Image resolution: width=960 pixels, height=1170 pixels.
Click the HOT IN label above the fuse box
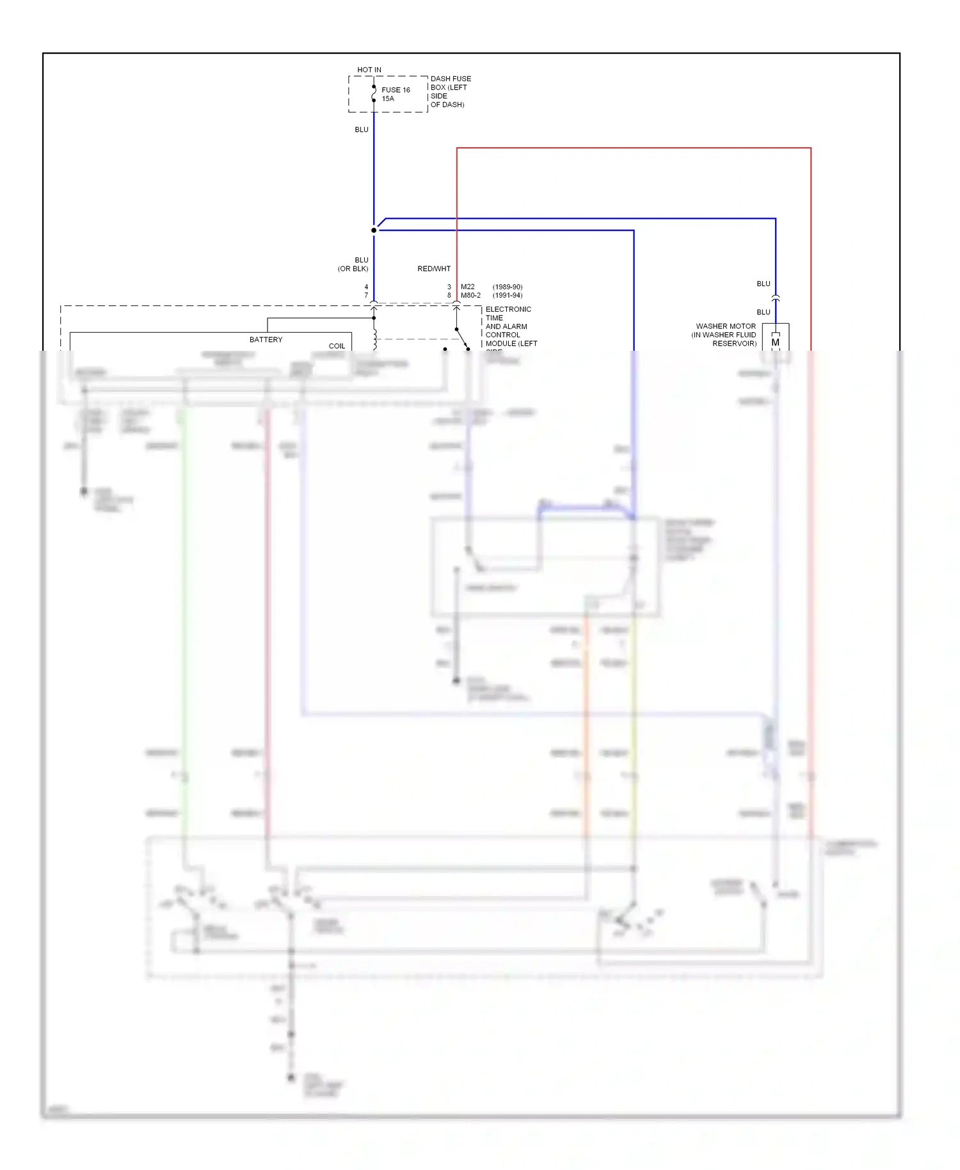369,70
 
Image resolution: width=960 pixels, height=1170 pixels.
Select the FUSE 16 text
396,90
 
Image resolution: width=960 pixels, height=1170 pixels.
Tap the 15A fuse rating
388,99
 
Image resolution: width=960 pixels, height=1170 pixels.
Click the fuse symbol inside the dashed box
374,94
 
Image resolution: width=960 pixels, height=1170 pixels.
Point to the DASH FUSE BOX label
451,83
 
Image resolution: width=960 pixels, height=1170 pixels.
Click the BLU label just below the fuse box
362,130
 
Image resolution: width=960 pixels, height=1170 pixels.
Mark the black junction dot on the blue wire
374,230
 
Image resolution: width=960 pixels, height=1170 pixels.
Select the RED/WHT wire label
434,269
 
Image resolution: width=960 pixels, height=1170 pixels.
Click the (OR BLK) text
353,269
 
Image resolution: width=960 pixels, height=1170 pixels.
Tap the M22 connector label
468,287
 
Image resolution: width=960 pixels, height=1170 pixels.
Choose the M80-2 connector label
470,296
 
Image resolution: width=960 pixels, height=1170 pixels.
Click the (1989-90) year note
508,287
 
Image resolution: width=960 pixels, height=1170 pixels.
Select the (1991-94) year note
508,296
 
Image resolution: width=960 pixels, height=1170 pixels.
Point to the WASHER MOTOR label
726,326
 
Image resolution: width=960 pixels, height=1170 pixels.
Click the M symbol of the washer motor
776,342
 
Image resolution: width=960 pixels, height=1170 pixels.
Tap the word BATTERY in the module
266,340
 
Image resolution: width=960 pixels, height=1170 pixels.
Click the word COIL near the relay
337,346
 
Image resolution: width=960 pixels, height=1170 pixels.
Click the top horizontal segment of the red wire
634,148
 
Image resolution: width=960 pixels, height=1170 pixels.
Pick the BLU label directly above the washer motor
764,312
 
